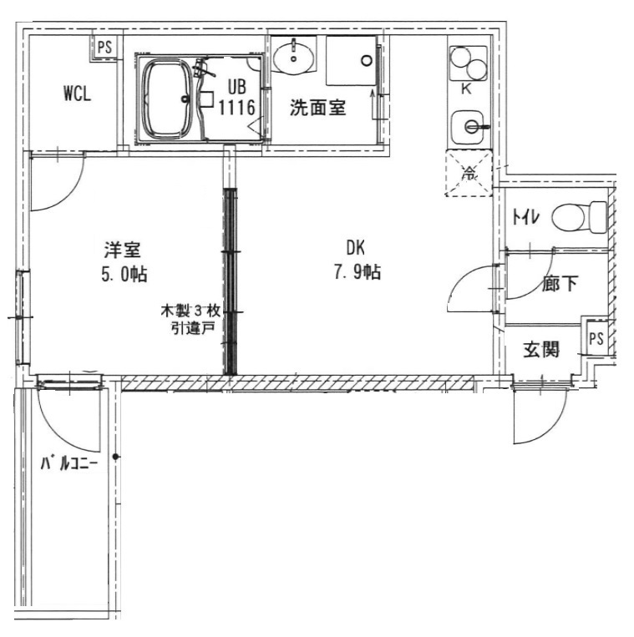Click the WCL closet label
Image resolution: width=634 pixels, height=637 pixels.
point(77,94)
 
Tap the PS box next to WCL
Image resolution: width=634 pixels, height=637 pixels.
point(104,48)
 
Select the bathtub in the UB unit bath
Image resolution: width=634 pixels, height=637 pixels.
point(168,99)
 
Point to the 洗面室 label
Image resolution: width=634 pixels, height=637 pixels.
point(317,108)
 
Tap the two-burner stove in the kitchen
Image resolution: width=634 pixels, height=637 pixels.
point(469,63)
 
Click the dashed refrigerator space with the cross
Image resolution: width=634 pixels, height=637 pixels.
point(469,173)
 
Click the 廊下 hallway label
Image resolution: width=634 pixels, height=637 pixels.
point(559,285)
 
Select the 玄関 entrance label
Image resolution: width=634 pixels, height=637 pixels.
point(540,349)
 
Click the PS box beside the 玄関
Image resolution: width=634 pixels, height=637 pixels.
point(596,339)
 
